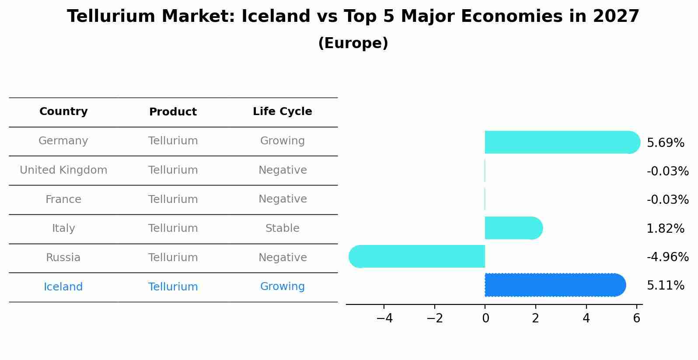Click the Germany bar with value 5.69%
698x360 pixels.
pyautogui.click(x=562, y=143)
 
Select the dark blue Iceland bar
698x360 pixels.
pyautogui.click(x=555, y=285)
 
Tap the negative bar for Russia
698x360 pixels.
pyautogui.click(x=417, y=256)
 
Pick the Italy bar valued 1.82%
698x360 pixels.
pyautogui.click(x=514, y=228)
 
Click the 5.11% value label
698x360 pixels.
pyautogui.click(x=666, y=286)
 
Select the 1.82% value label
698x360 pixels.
pyautogui.click(x=666, y=229)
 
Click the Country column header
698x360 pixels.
pyautogui.click(x=63, y=111)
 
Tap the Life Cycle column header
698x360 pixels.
pyautogui.click(x=283, y=111)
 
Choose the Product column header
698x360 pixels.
pyautogui.click(x=173, y=112)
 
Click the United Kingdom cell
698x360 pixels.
pyautogui.click(x=63, y=170)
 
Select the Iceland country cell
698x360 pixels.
pyautogui.click(x=63, y=287)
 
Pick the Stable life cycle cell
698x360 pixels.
pyautogui.click(x=283, y=228)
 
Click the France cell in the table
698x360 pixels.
pyautogui.click(x=63, y=199)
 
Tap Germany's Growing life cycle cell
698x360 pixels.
pyautogui.click(x=283, y=141)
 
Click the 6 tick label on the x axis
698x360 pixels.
pyautogui.click(x=637, y=318)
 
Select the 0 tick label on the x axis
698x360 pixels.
pyautogui.click(x=485, y=318)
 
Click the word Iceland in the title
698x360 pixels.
pyautogui.click(x=276, y=16)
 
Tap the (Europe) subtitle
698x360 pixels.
pyautogui.click(x=353, y=43)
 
